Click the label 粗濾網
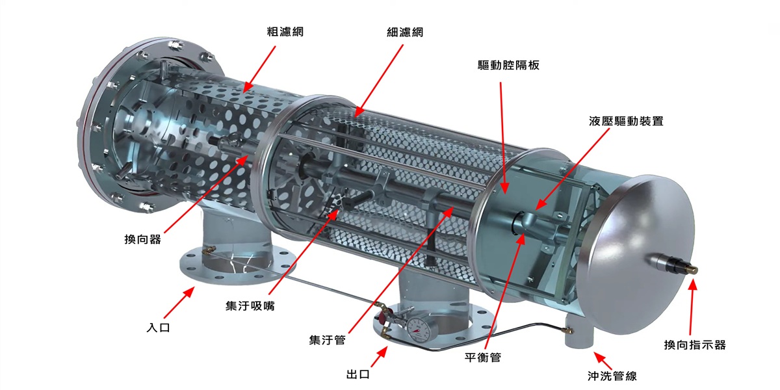coord(285,31)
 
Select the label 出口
coord(358,374)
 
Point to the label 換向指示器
coord(694,344)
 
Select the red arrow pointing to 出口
coord(381,356)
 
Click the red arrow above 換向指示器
coord(693,305)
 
